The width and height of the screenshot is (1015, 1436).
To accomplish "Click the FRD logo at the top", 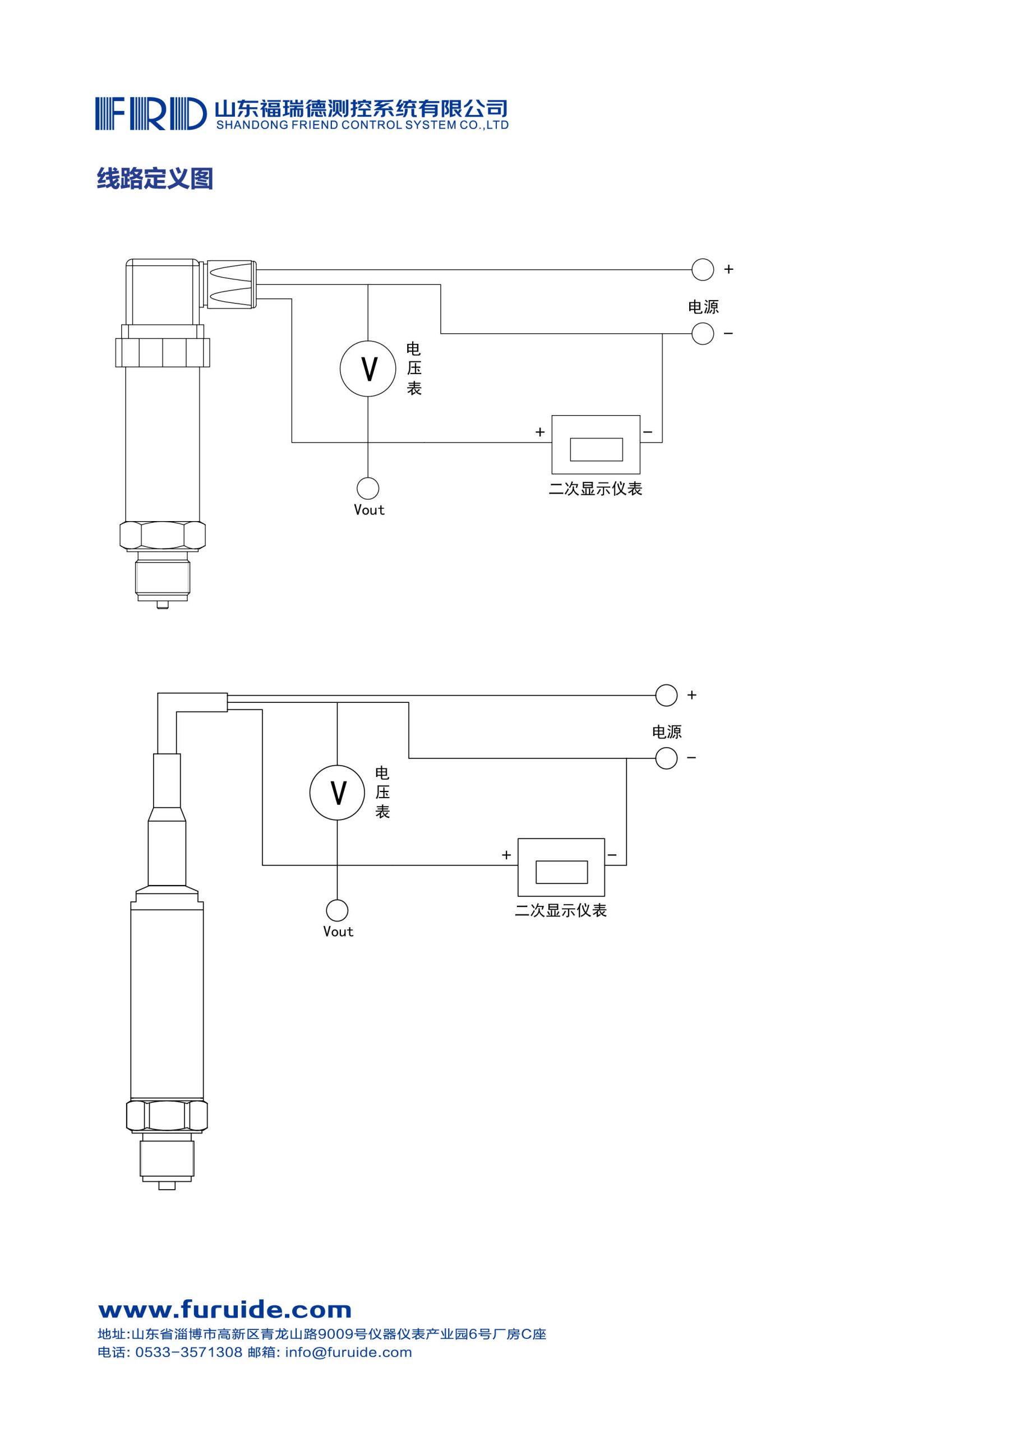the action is tap(151, 113).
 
